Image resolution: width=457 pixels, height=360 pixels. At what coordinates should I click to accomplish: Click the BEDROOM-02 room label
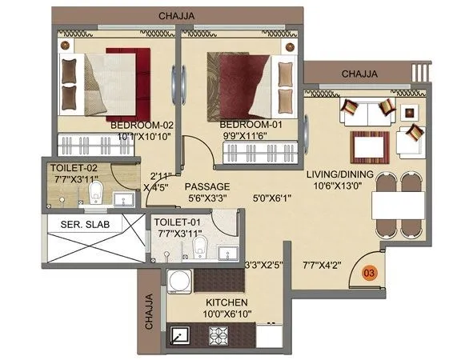click(x=142, y=126)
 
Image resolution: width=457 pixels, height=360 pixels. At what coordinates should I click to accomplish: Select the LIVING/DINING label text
click(x=339, y=174)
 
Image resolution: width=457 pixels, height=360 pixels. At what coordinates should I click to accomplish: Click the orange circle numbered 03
click(x=369, y=272)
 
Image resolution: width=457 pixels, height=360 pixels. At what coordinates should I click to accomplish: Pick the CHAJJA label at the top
click(x=178, y=15)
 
